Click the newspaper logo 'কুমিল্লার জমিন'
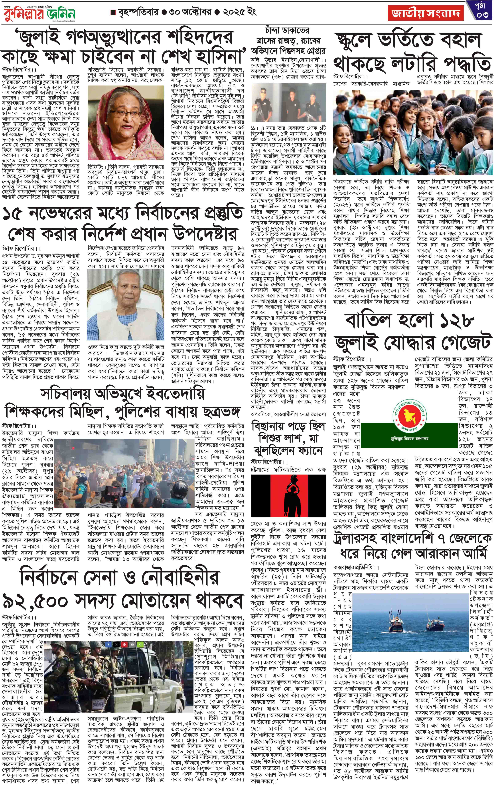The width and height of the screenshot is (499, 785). tap(40, 14)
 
